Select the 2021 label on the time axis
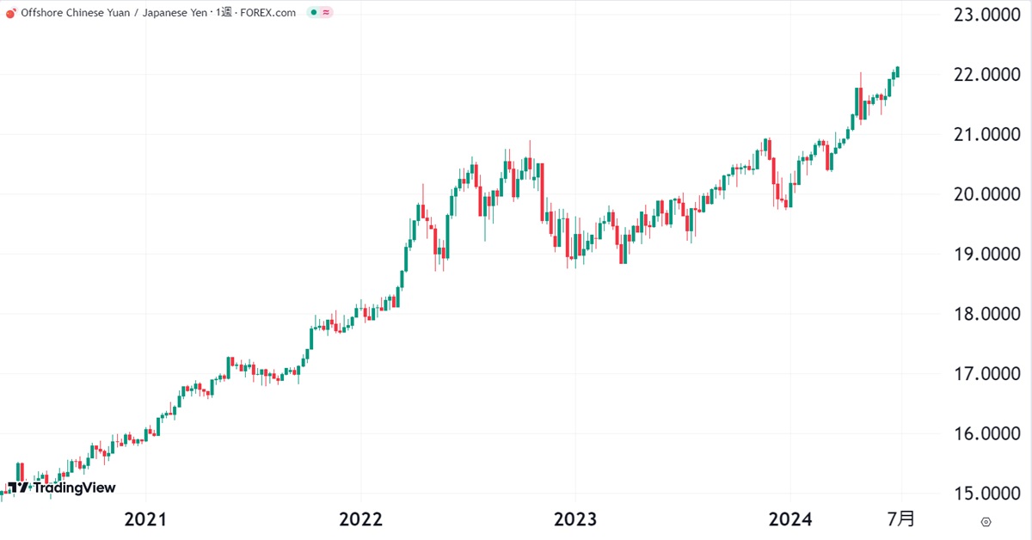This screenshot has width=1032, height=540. click(x=145, y=519)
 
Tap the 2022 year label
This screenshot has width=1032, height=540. click(x=360, y=519)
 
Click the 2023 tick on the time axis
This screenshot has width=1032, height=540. click(x=575, y=519)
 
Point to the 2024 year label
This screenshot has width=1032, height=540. click(x=789, y=519)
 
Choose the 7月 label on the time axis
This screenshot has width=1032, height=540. click(x=901, y=519)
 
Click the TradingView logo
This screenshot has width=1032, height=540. click(x=61, y=488)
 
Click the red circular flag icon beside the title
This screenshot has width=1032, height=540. click(x=11, y=12)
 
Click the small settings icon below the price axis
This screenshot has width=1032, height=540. click(x=986, y=521)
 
